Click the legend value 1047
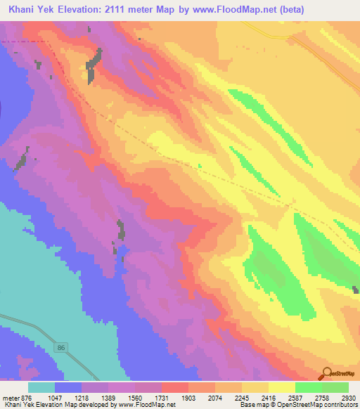(x=56, y=397)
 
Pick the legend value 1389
(x=109, y=397)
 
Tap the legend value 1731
(x=162, y=397)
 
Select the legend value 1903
(x=189, y=397)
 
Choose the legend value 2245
(x=243, y=397)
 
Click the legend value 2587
(x=295, y=397)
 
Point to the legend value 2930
(x=349, y=397)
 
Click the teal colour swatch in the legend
(x=41, y=387)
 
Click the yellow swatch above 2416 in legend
(x=281, y=387)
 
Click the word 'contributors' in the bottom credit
(x=340, y=405)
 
